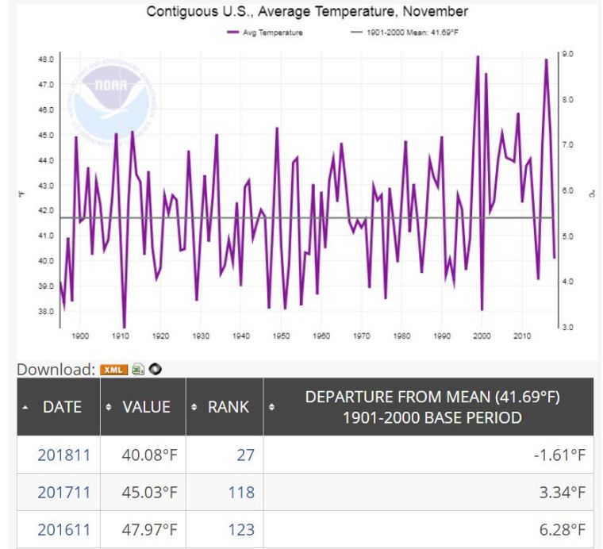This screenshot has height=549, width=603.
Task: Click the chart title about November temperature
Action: (308, 11)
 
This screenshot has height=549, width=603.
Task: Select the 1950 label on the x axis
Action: (281, 336)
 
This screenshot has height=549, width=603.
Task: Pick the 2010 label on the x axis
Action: (522, 336)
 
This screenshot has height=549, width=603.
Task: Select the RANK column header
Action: (227, 407)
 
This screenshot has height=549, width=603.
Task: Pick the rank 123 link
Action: (241, 529)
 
